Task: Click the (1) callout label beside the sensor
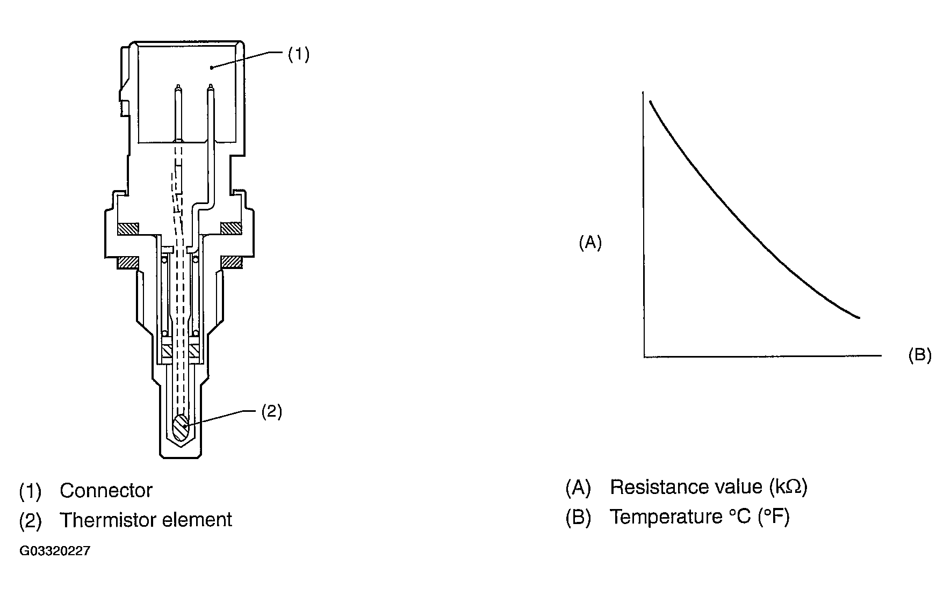point(299,54)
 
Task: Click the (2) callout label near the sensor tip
point(271,411)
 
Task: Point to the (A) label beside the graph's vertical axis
point(590,243)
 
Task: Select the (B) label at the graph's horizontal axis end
point(919,355)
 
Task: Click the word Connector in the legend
point(106,490)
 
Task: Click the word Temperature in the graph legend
point(666,517)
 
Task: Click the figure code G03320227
point(55,551)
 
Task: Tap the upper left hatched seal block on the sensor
point(128,228)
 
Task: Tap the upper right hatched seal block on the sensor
point(231,228)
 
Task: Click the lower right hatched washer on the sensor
point(231,262)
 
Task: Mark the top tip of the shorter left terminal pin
point(178,85)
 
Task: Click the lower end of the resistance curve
point(860,317)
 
